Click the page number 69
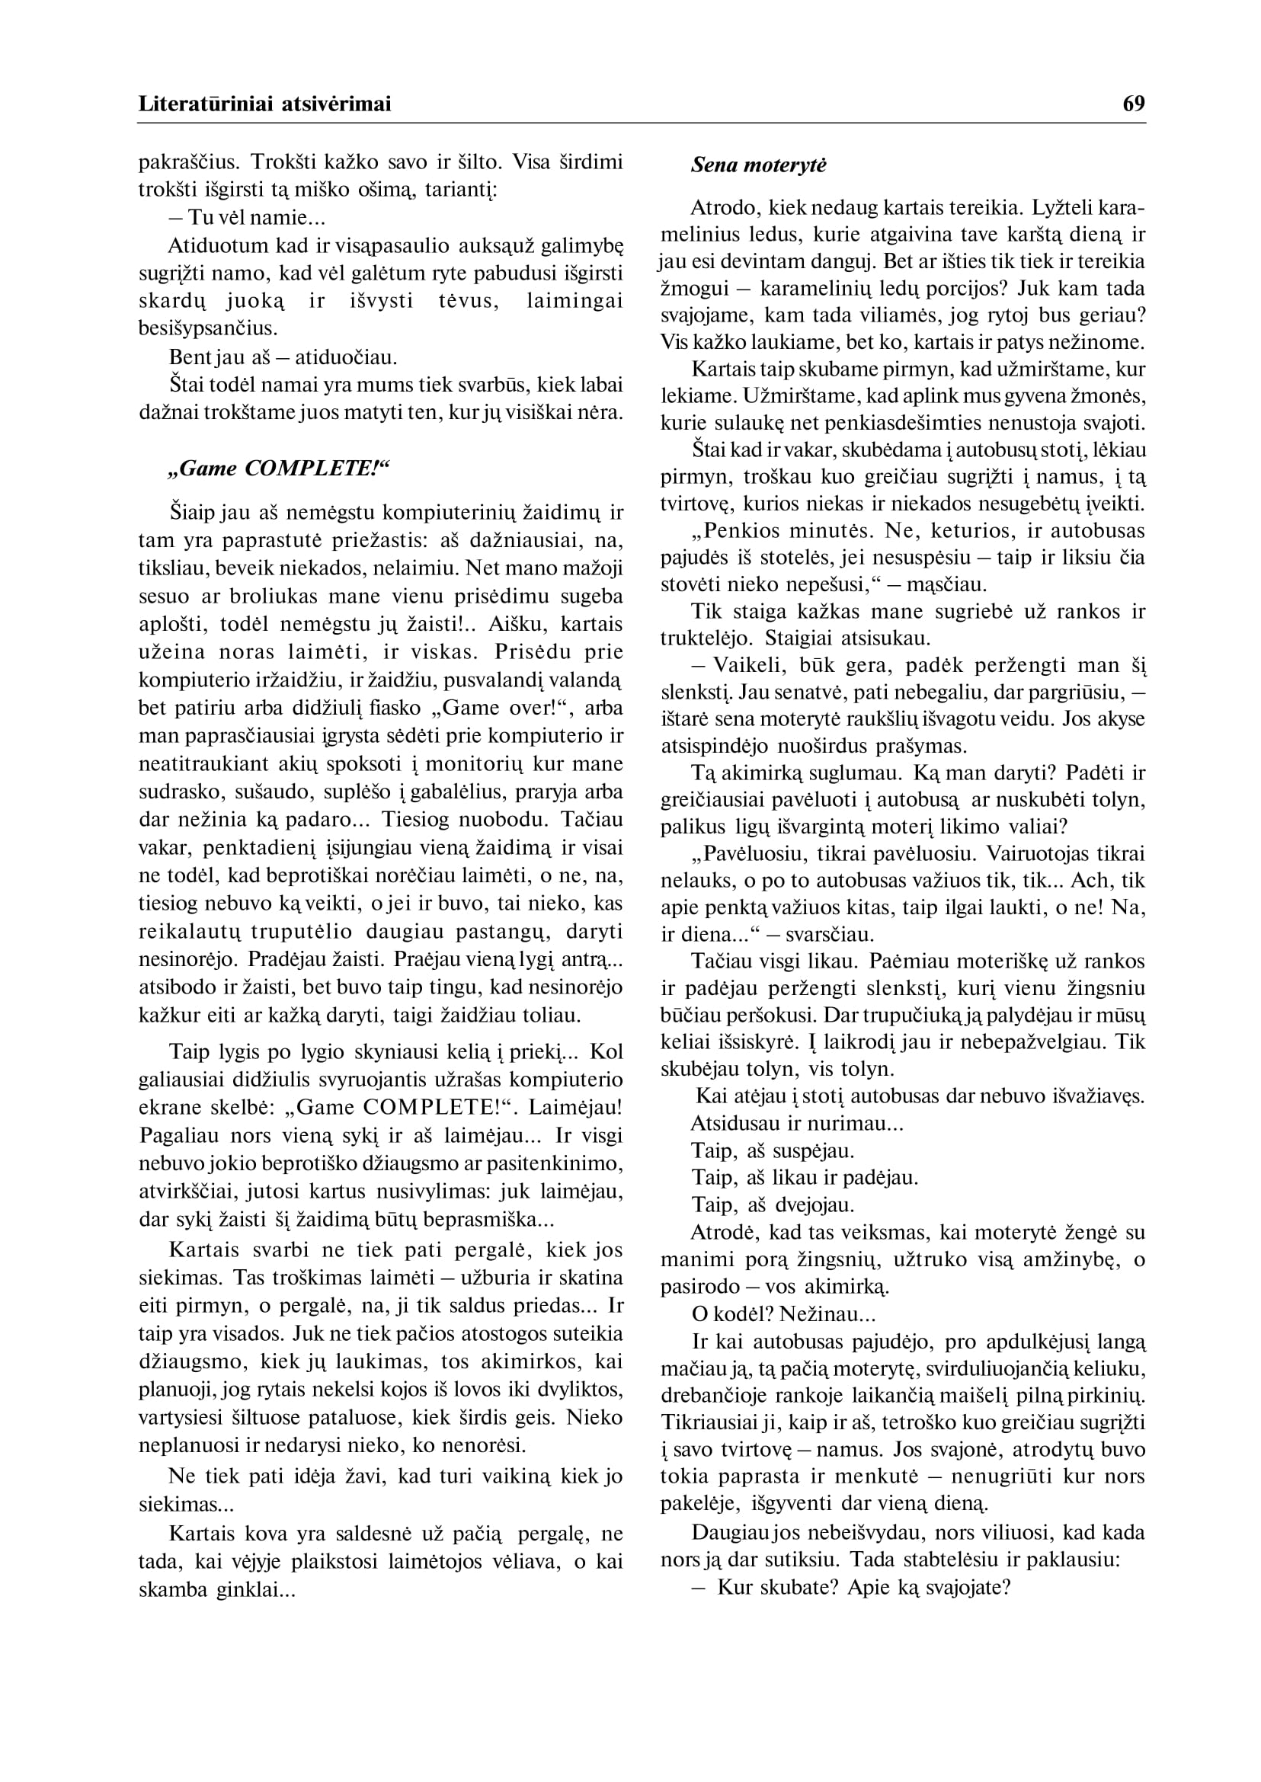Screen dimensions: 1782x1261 pyautogui.click(x=1133, y=104)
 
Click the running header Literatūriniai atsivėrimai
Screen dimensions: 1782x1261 pyautogui.click(x=265, y=104)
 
